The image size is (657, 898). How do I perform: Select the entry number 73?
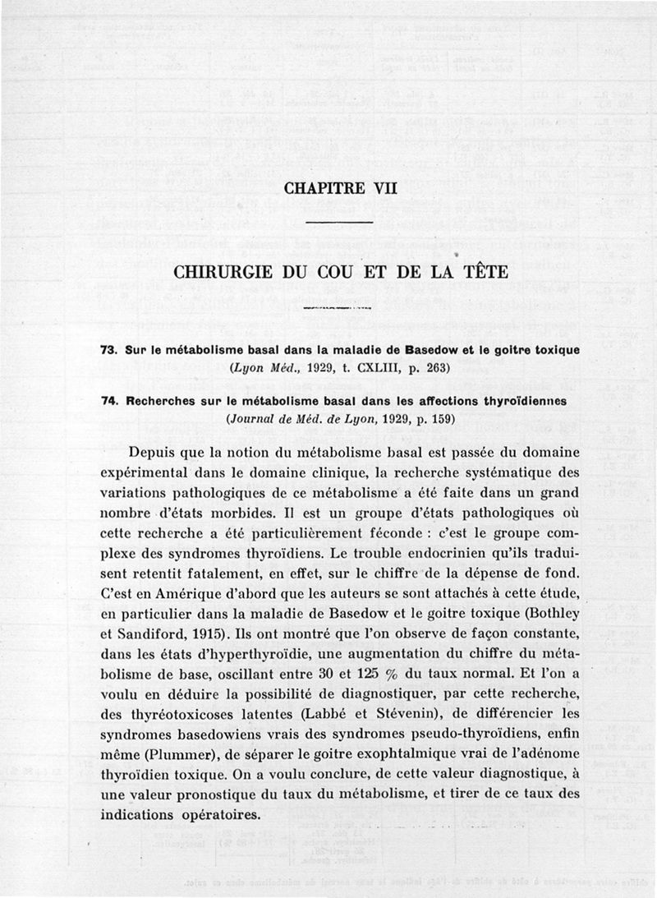tap(108, 350)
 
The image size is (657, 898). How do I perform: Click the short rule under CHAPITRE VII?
tap(339, 223)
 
